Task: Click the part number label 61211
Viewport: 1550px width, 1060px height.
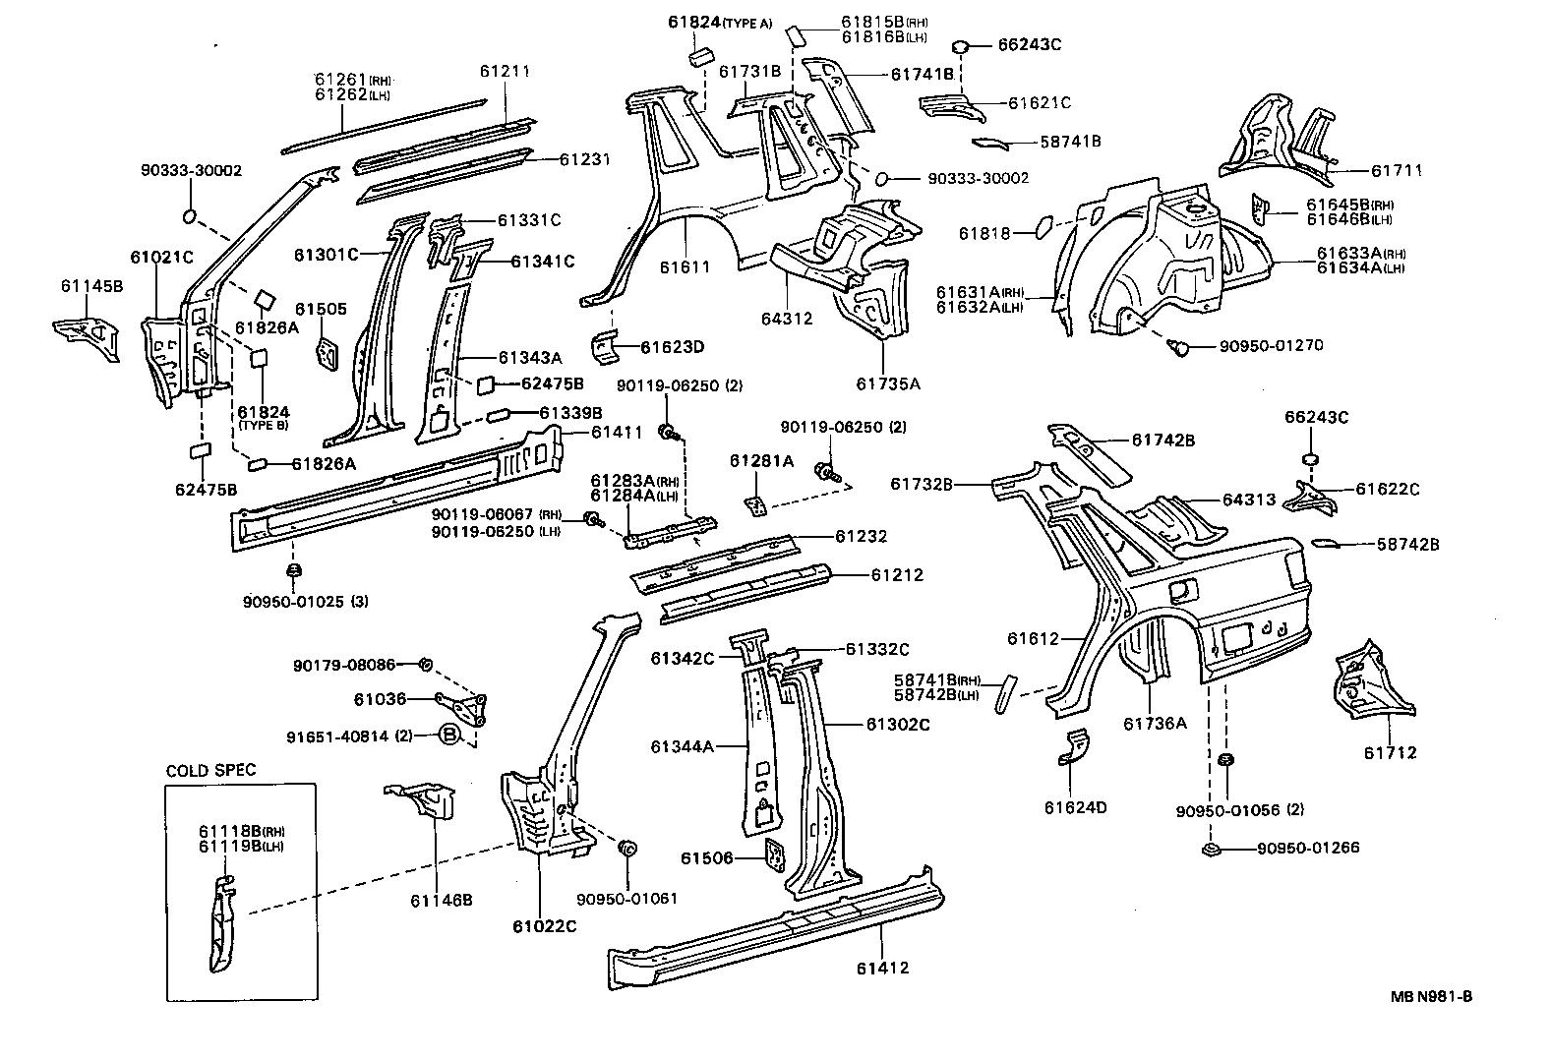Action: [505, 72]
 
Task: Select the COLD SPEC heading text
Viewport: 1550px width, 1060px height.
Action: [209, 771]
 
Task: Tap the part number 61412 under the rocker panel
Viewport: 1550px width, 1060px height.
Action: [881, 968]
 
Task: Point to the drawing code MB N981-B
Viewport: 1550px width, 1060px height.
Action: [1431, 996]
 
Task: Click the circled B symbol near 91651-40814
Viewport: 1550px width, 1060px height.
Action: [448, 735]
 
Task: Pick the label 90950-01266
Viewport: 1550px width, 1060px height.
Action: [1307, 848]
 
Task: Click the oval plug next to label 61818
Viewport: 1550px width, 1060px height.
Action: [1039, 229]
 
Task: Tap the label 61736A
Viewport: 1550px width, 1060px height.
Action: [1155, 724]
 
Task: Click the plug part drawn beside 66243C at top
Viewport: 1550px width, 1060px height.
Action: [962, 45]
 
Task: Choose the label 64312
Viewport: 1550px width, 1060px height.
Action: [786, 319]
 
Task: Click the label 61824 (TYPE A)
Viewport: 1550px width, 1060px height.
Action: [720, 22]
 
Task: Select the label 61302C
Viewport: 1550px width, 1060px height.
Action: [897, 725]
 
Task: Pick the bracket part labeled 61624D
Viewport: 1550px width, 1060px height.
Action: [1075, 749]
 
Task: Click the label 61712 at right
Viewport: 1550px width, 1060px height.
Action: [1390, 753]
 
